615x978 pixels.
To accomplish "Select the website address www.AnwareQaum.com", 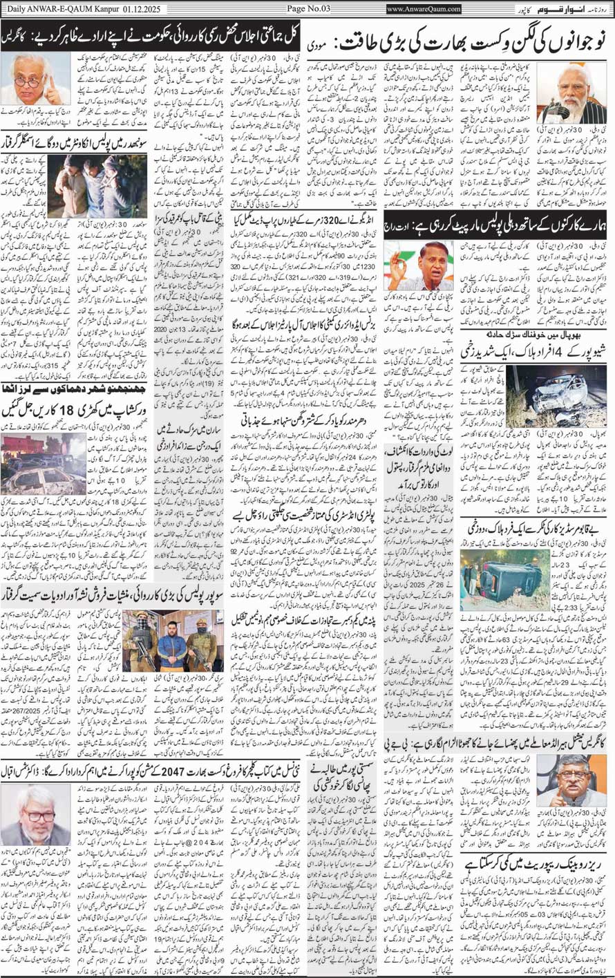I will (424, 9).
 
